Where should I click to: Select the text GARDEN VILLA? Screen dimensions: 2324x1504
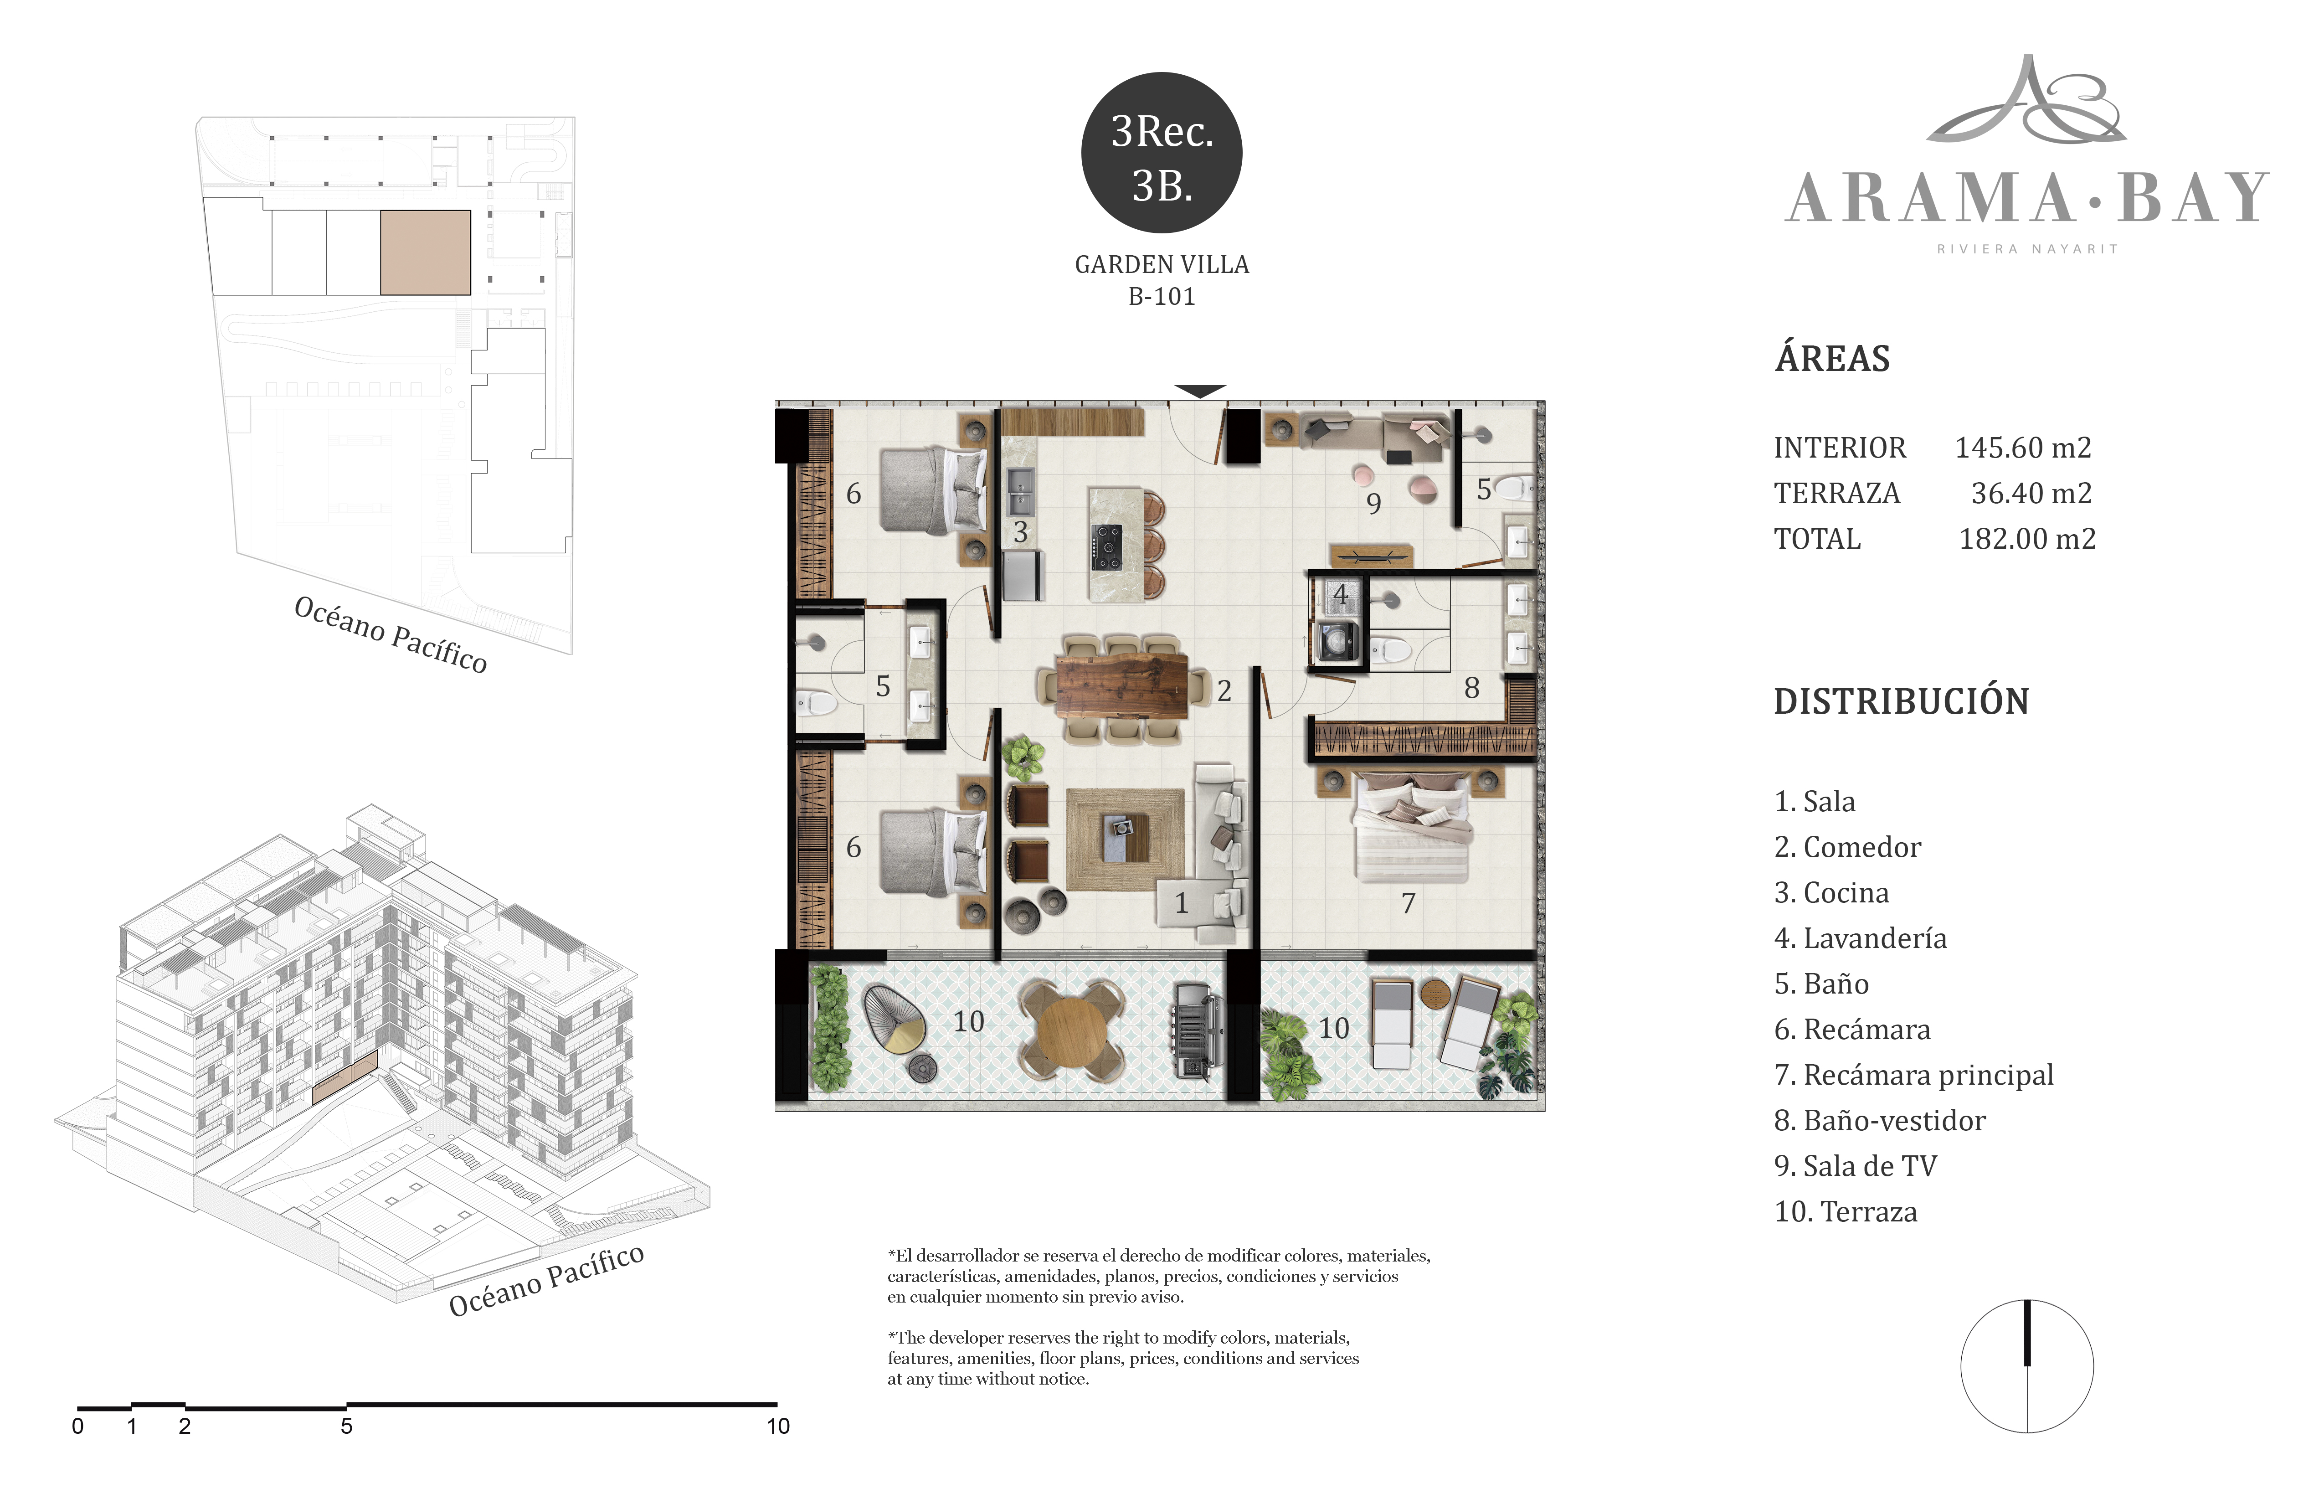pos(1162,265)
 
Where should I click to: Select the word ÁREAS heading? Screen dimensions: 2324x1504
pos(1832,358)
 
